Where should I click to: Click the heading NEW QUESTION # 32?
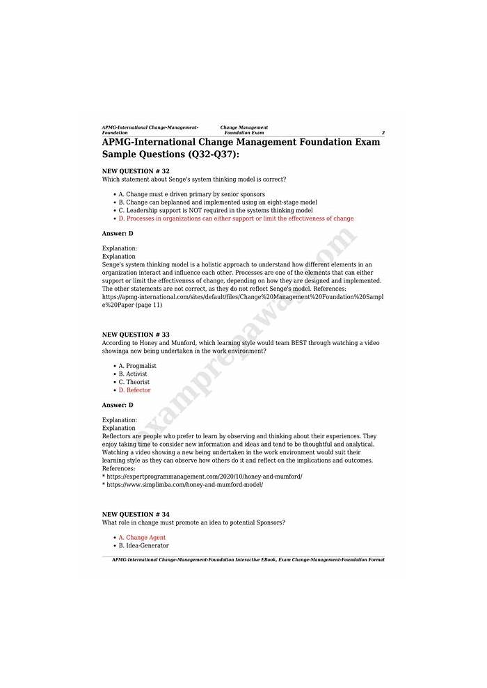coord(136,171)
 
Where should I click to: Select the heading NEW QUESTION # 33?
coord(136,335)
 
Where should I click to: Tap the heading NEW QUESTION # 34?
coord(136,514)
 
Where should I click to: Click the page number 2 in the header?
coord(383,133)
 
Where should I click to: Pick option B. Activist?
coord(135,374)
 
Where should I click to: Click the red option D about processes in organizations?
coord(236,218)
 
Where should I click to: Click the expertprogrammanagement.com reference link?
coord(204,477)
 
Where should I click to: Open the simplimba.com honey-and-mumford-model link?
coord(184,484)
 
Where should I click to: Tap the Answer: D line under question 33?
coord(118,405)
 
